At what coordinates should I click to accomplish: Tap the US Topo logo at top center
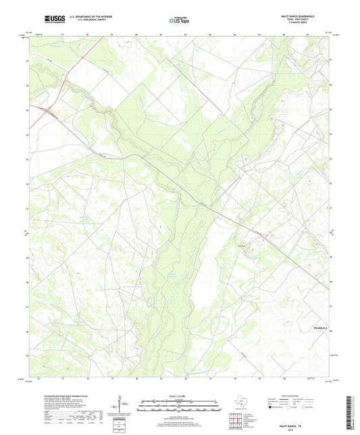pyautogui.click(x=179, y=20)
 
